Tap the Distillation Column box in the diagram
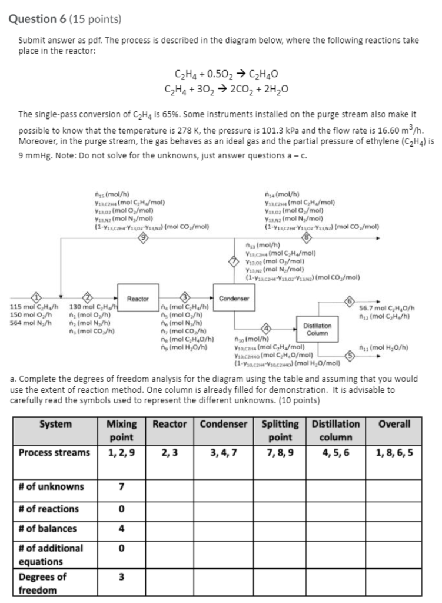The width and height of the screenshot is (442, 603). click(317, 329)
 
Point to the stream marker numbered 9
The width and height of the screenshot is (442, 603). click(142, 238)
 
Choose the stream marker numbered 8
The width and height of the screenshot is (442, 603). click(305, 238)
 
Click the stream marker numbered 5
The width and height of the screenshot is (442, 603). click(349, 356)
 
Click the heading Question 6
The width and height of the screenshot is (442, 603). click(39, 19)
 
